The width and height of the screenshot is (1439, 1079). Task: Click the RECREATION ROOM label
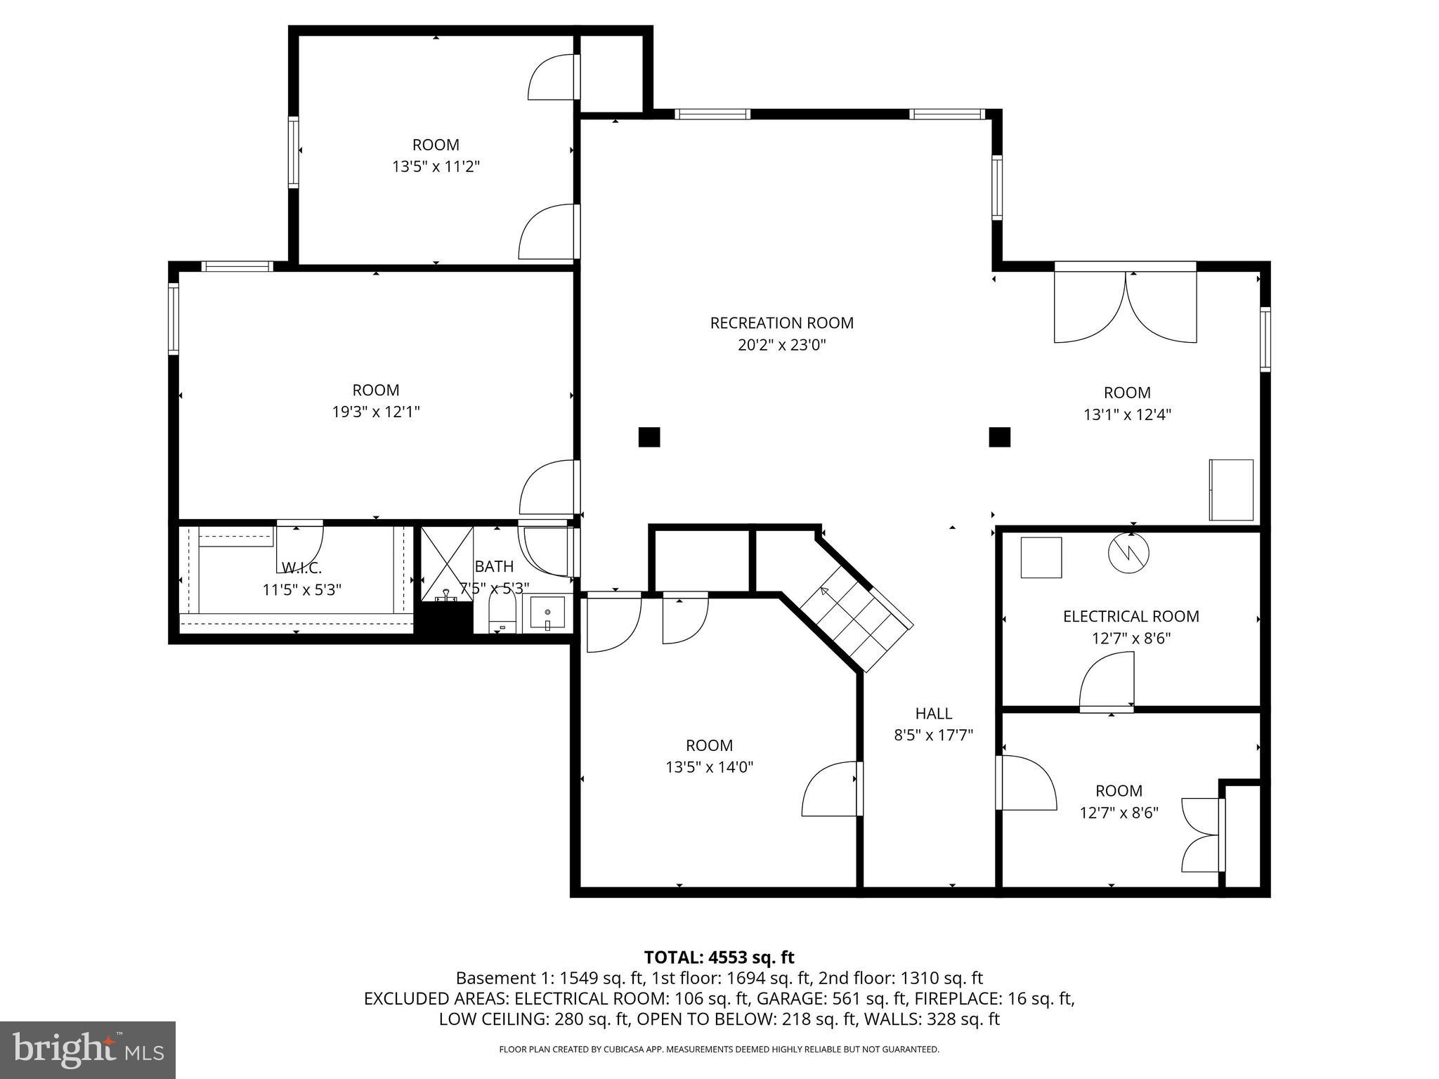[781, 323]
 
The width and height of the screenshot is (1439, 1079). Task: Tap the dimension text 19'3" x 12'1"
[376, 412]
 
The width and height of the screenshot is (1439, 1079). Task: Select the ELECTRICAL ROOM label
[1131, 617]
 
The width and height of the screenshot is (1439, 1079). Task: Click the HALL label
[933, 714]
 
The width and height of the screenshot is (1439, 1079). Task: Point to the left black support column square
[649, 437]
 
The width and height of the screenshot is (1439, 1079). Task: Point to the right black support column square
[999, 437]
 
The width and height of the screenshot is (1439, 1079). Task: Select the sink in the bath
[547, 614]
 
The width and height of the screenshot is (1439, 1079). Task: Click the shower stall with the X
[447, 563]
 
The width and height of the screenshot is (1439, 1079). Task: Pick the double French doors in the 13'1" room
[1125, 306]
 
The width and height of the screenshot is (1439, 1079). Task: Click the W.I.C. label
[301, 568]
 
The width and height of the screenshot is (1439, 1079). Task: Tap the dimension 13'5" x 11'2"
[436, 166]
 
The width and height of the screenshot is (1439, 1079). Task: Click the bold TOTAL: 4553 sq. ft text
[719, 957]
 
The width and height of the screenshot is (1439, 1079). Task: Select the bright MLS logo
[87, 1049]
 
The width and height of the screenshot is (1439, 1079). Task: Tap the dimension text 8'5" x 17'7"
[933, 735]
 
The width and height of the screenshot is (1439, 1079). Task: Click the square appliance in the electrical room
[1041, 558]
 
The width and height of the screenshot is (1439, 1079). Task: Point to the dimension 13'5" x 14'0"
[709, 767]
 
